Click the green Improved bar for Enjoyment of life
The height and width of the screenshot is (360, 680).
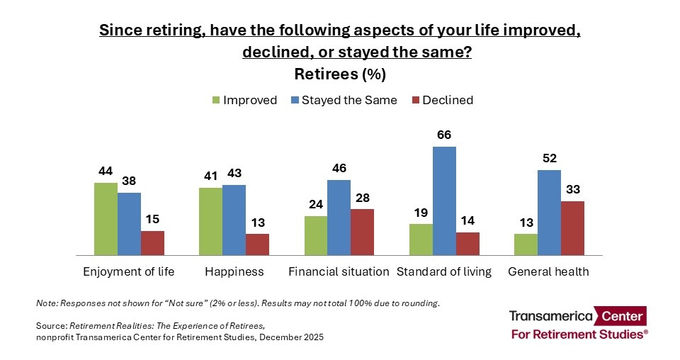tap(106, 218)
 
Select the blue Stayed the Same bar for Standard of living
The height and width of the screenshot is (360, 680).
tap(444, 201)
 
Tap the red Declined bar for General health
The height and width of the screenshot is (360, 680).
tap(572, 227)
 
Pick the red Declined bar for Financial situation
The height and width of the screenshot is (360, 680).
tap(362, 232)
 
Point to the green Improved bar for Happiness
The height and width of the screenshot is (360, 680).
tap(210, 220)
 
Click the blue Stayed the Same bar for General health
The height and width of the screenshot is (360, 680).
tap(549, 212)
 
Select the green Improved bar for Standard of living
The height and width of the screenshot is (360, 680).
tap(421, 240)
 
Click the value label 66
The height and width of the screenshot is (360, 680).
tap(444, 135)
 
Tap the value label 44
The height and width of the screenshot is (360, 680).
tap(106, 171)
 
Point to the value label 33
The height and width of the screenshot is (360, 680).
tap(572, 189)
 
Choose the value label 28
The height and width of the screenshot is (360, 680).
tap(362, 197)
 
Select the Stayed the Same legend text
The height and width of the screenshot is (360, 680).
tap(349, 100)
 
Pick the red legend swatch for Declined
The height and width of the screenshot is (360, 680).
tap(415, 101)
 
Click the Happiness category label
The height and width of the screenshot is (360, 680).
tap(234, 271)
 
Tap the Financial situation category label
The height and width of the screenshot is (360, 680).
tap(339, 271)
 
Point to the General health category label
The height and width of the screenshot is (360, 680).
tap(548, 271)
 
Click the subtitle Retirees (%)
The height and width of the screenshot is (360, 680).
tap(339, 74)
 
